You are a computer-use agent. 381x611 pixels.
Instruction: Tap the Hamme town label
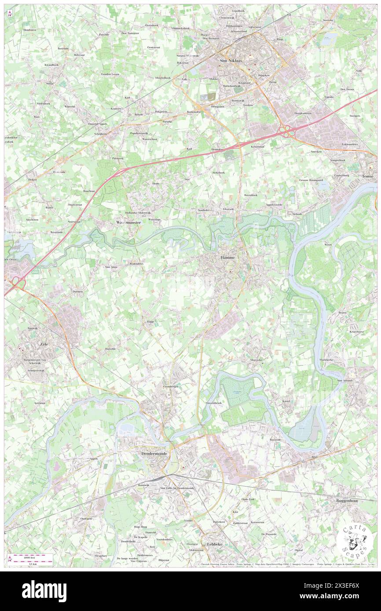click(227, 257)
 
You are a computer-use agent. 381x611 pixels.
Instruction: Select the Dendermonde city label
click(154, 453)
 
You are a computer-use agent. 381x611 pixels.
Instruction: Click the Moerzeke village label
click(256, 360)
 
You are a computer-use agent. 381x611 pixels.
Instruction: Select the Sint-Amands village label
click(346, 380)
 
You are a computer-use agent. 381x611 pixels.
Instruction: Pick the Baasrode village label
click(275, 440)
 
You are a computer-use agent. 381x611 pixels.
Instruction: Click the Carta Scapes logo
click(354, 542)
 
